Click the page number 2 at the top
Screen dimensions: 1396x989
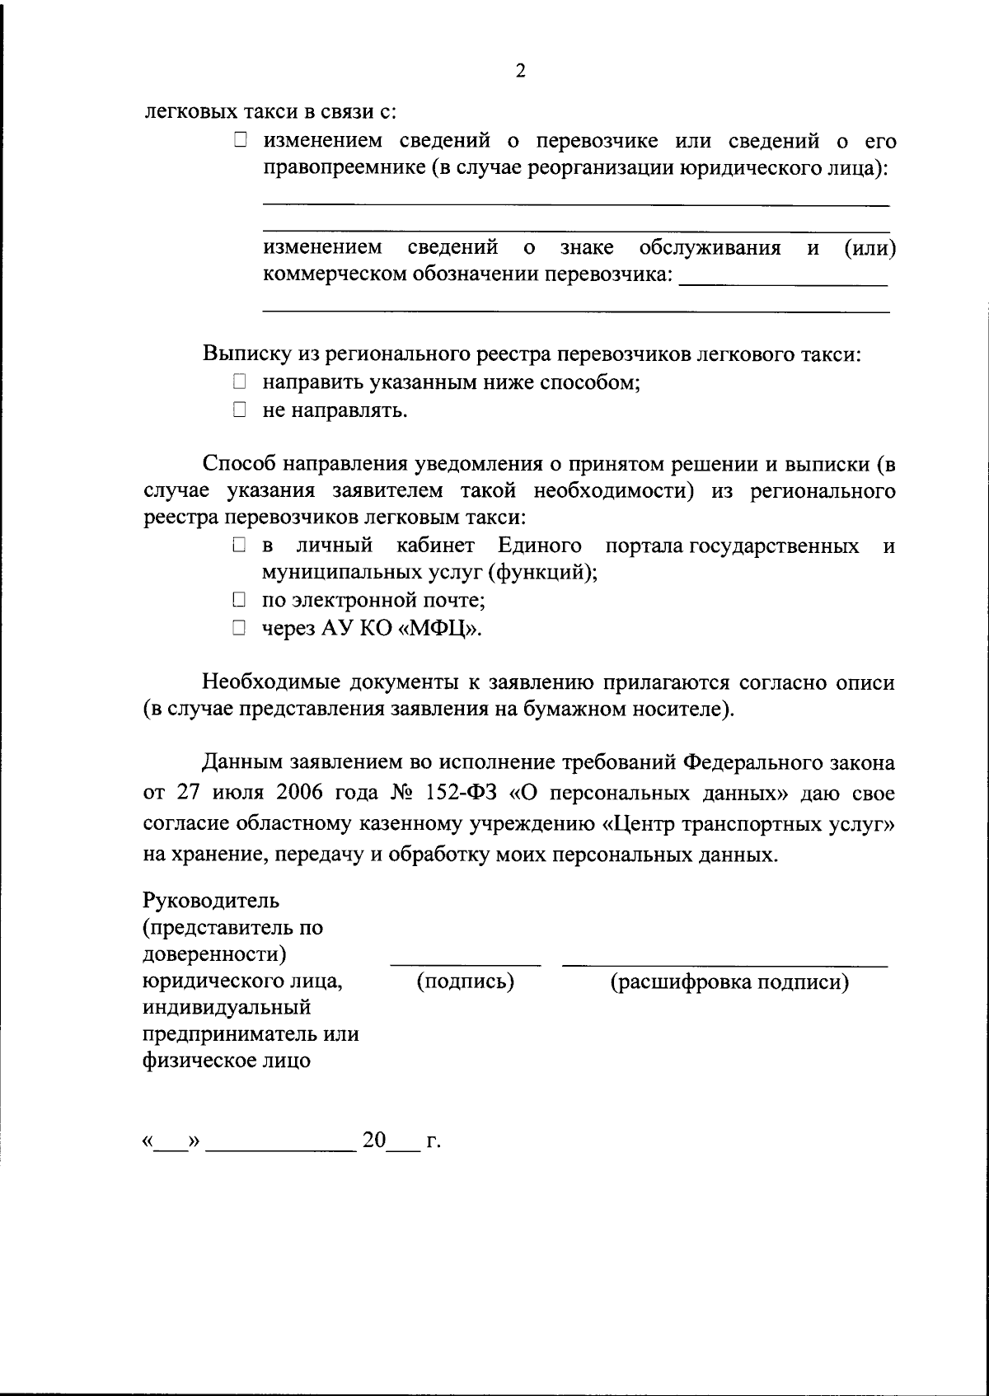(520, 71)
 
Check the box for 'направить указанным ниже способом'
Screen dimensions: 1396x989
(239, 382)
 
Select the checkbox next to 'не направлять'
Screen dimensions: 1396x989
(239, 409)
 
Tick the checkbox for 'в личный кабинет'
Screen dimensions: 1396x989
(239, 545)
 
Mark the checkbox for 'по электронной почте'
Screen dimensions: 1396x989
(239, 600)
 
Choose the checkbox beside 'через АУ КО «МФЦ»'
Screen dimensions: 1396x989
(239, 628)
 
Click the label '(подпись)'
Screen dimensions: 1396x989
(466, 981)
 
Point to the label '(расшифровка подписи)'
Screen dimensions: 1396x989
(729, 981)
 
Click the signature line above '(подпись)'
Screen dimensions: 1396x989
(466, 961)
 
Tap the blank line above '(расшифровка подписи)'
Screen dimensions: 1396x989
(725, 961)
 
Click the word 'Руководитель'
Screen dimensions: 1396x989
(211, 899)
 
